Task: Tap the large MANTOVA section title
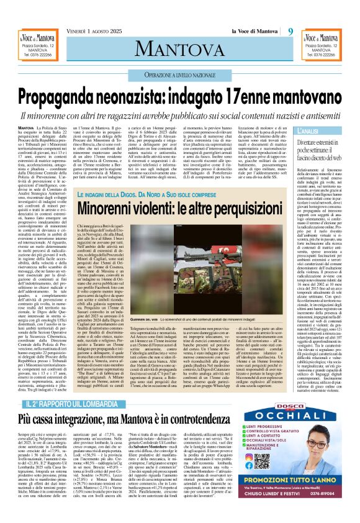pos(180,47)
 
